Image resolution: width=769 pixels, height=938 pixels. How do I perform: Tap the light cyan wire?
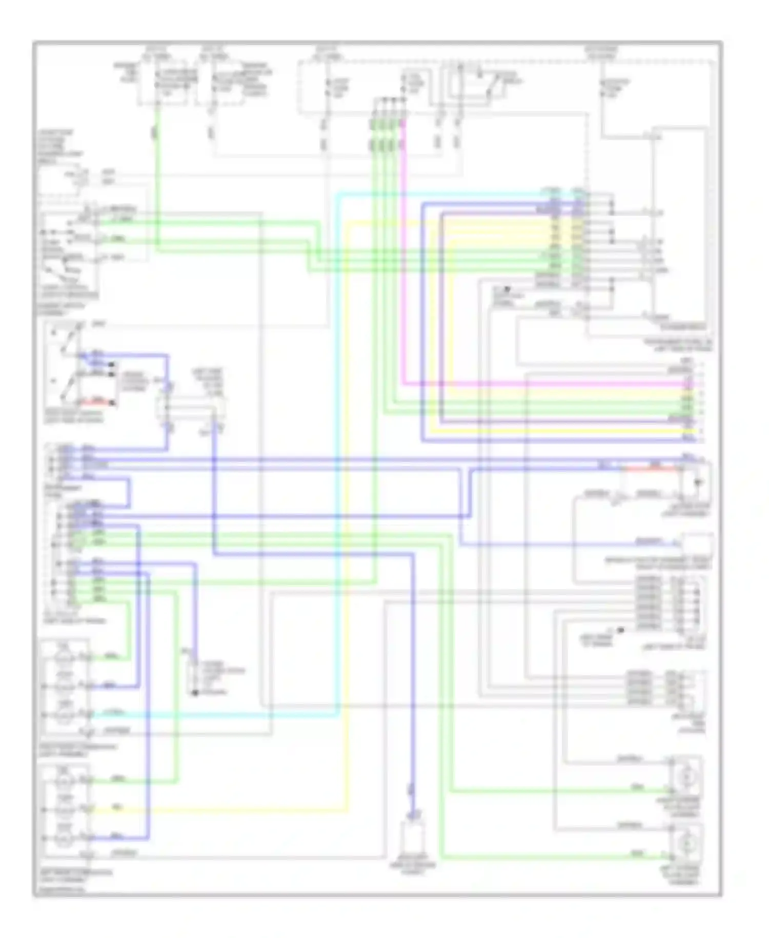pos(337,462)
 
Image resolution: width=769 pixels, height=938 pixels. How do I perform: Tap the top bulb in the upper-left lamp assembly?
pos(64,657)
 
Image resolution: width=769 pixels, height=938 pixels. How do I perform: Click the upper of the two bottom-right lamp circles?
pos(686,777)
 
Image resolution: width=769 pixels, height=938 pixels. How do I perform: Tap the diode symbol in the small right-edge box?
pos(697,482)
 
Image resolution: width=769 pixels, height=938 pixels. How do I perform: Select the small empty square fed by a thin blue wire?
pos(696,544)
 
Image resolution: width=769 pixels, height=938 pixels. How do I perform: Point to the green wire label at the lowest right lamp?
pos(637,854)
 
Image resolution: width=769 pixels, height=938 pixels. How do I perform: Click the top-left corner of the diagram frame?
pos(34,43)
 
